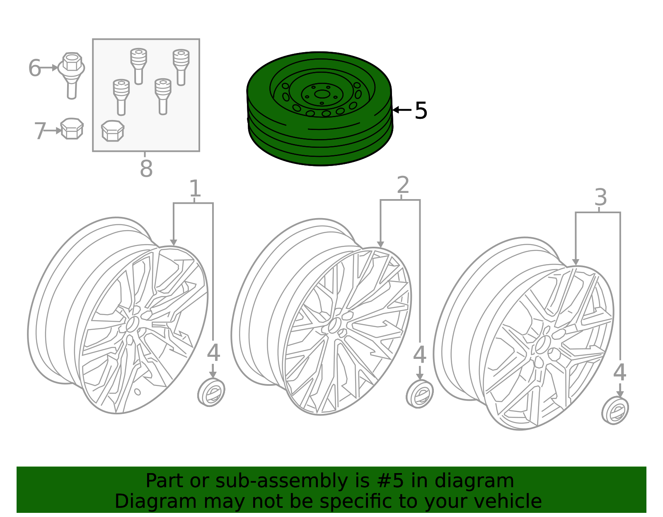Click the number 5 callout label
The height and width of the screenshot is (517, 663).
(x=421, y=110)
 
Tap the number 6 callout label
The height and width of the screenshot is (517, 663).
(x=34, y=67)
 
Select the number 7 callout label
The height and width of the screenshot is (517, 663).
(x=40, y=131)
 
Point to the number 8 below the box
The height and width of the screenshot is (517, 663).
(x=146, y=168)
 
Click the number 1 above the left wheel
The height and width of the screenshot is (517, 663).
(x=195, y=188)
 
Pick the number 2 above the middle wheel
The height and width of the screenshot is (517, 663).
(x=403, y=185)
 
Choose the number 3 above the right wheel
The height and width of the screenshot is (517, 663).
(x=600, y=197)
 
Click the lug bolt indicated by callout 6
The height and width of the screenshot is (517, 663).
(x=71, y=76)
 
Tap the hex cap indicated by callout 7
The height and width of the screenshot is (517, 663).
(x=72, y=129)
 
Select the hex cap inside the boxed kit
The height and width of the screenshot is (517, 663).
(x=113, y=131)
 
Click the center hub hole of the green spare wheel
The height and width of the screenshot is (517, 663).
(x=322, y=94)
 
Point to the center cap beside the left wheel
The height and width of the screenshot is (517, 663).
(x=211, y=392)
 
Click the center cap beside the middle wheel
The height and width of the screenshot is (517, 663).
(x=419, y=394)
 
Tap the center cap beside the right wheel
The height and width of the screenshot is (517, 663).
(x=615, y=410)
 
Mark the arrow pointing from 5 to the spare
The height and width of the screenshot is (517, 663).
(x=402, y=110)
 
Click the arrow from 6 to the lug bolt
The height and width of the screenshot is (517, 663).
(x=49, y=67)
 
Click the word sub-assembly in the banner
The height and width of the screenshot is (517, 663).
(x=281, y=481)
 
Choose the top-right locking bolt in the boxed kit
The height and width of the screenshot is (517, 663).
(x=181, y=67)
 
